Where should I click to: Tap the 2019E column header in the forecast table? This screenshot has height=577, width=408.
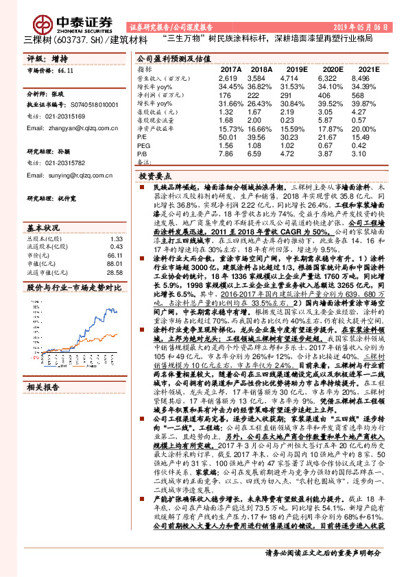pos(296,70)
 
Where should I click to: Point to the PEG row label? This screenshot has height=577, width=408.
pos(144,146)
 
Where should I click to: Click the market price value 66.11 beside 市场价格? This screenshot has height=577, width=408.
pos(65,71)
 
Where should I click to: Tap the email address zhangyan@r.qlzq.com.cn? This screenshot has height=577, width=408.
pos(68,127)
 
